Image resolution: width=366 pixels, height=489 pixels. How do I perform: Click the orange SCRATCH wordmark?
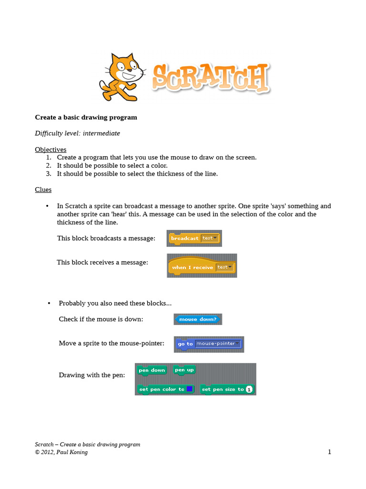point(210,78)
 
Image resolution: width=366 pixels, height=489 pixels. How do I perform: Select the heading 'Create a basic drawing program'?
point(86,117)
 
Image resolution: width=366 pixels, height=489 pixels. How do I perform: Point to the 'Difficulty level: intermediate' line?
point(77,133)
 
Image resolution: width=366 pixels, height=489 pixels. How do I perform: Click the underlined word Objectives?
point(51,149)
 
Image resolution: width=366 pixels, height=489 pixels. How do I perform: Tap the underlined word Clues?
point(43,190)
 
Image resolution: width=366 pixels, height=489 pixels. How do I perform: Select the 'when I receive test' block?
point(202,267)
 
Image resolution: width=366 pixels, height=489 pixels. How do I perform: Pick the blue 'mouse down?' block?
point(198,319)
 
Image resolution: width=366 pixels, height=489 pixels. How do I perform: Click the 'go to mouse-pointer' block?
point(209,344)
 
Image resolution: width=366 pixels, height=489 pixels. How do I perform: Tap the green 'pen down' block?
point(152,370)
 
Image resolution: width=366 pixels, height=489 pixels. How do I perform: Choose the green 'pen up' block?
point(184,370)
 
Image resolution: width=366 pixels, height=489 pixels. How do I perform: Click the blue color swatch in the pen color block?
point(189,389)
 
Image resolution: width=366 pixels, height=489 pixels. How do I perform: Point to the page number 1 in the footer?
point(329,452)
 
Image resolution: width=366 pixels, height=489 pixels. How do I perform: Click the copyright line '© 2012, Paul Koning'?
point(61,452)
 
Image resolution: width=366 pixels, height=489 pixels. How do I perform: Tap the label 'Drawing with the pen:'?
point(91,375)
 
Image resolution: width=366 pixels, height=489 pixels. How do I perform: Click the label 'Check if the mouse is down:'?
point(101,319)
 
